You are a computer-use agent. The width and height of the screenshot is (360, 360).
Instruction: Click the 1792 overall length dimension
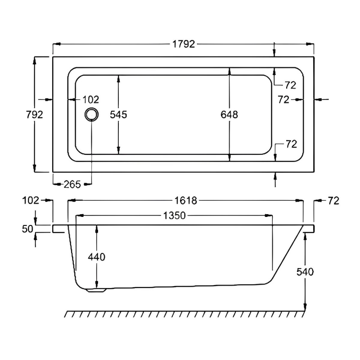tap(184, 44)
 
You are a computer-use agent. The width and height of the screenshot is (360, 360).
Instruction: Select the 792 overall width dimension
tap(34, 114)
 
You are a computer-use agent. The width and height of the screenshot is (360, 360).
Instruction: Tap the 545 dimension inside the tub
tap(119, 115)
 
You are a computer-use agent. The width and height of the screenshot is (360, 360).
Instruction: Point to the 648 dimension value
tap(229, 115)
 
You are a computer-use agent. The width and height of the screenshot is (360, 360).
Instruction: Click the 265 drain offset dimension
tap(72, 184)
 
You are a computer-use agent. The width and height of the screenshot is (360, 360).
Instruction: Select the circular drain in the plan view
tap(92, 114)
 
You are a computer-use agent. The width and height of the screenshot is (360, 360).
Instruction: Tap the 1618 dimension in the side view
tap(185, 201)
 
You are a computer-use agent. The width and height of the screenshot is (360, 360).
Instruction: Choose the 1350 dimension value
tap(174, 216)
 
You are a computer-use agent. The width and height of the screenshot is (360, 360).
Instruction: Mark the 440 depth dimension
tap(97, 257)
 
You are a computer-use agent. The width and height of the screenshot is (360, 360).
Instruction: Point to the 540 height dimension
tap(306, 271)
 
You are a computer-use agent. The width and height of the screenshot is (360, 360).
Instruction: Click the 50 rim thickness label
tap(28, 229)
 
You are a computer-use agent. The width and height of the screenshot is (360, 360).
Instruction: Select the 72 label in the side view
tap(333, 201)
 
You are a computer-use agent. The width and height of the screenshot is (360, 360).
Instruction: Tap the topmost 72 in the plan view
tap(291, 85)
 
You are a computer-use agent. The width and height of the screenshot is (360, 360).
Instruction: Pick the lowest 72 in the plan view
tap(291, 144)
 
